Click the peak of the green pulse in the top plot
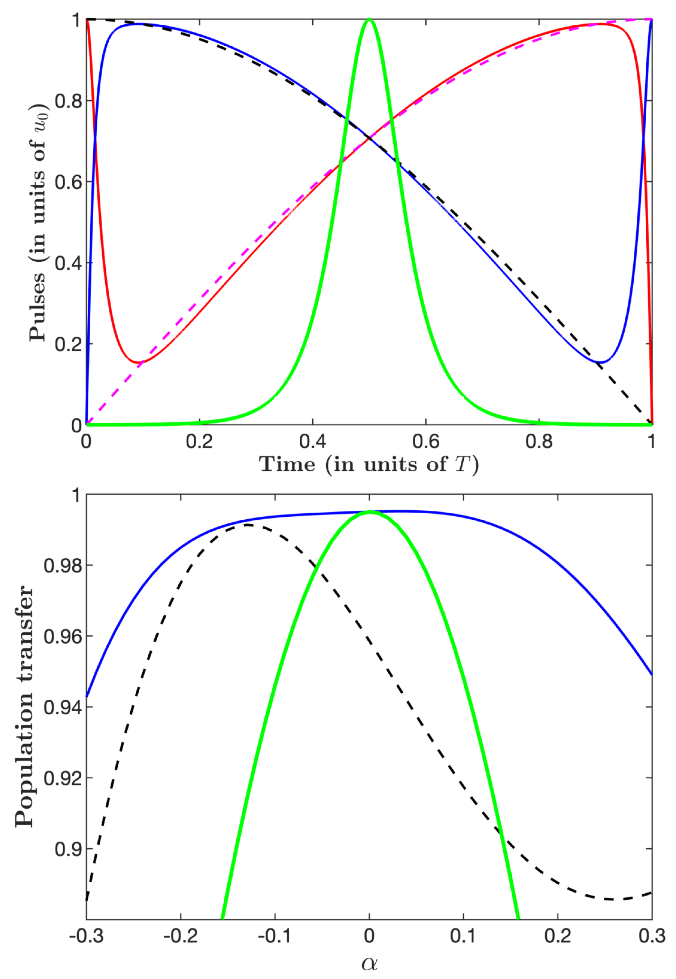coord(369,19)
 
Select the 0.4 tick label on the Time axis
coord(313,441)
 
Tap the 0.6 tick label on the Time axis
coord(426,441)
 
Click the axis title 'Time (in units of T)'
coord(369,464)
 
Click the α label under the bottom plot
coord(369,963)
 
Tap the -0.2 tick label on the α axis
coord(180,936)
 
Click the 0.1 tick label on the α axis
coord(463,936)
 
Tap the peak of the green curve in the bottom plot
coord(369,512)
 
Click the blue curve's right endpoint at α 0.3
coord(651,674)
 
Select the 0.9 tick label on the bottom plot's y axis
coord(67,849)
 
